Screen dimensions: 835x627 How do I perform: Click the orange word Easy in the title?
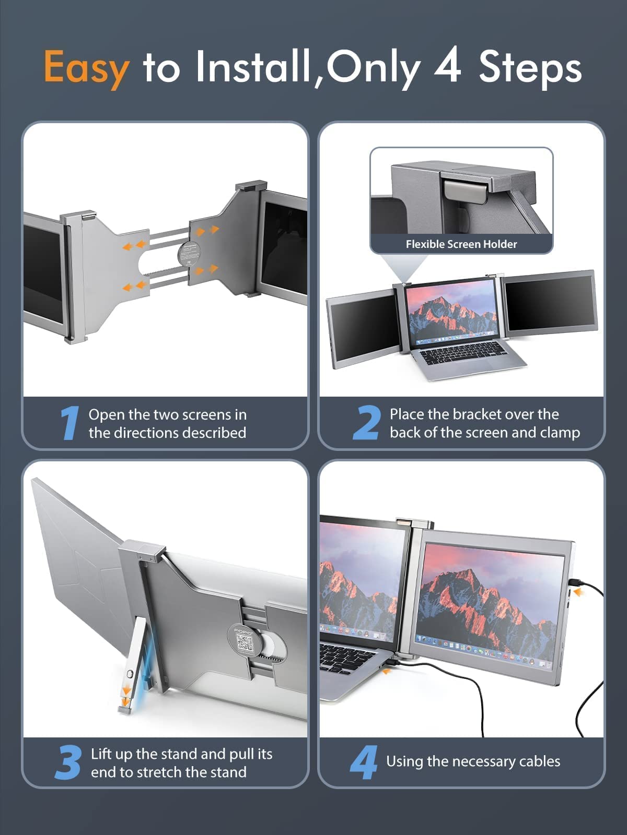(86, 68)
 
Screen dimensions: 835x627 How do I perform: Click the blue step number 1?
(69, 423)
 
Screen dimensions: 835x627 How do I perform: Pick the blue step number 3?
(68, 762)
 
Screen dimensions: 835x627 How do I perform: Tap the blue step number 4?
(364, 762)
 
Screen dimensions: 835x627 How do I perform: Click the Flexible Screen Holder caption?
(461, 244)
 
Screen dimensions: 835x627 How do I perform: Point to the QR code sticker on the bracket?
(245, 642)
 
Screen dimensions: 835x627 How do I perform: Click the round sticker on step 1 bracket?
(189, 255)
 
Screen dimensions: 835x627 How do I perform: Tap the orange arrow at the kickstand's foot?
(126, 693)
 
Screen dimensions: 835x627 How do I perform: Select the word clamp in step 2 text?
(560, 433)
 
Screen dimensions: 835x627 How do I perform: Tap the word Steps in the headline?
(530, 68)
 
